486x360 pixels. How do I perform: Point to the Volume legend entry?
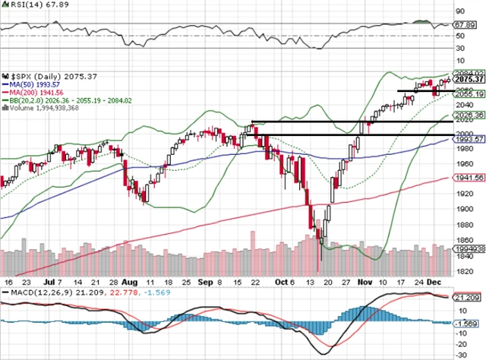coord(38,107)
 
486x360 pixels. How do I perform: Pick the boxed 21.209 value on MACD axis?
coord(464,298)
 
